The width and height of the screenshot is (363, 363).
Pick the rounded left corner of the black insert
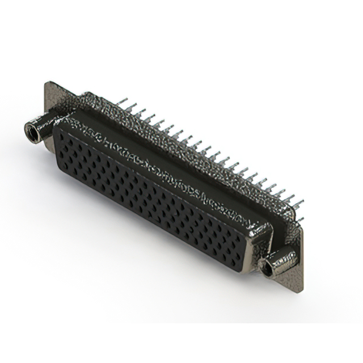[57, 139]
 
